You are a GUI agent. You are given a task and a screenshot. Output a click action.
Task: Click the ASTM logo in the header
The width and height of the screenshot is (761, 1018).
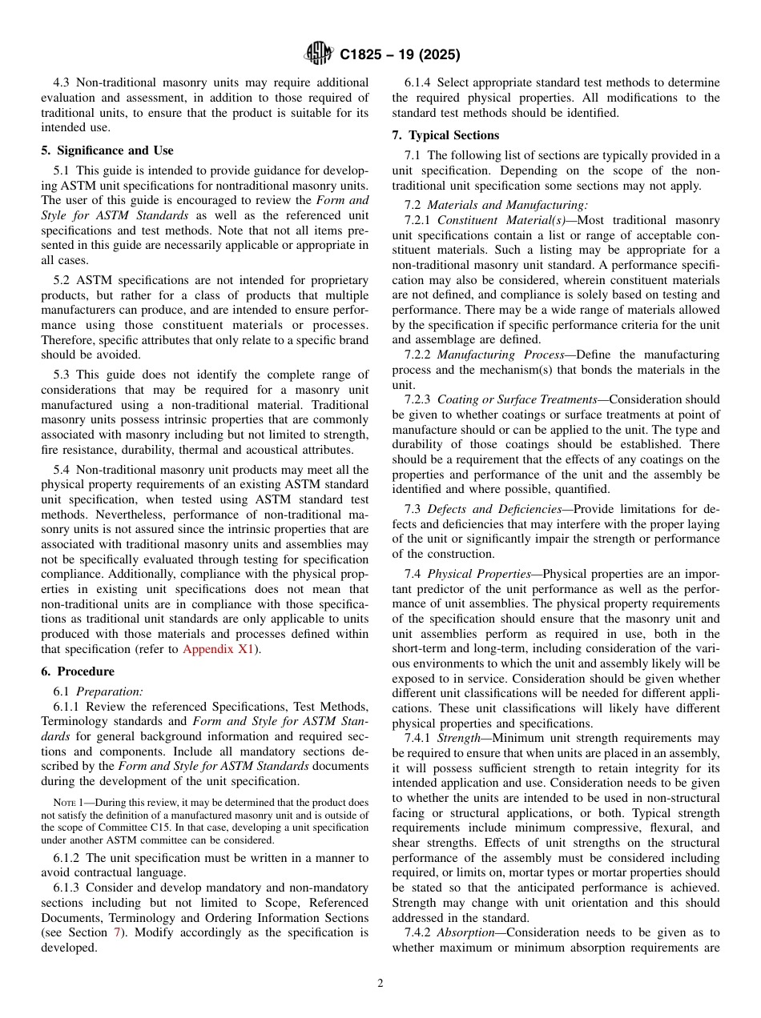[318, 54]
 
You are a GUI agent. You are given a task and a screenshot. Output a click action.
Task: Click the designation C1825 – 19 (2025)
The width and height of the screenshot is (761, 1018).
[400, 55]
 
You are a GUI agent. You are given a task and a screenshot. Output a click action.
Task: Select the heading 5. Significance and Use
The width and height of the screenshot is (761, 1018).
[107, 150]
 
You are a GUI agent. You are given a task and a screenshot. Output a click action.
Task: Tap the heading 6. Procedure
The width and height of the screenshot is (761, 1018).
[78, 671]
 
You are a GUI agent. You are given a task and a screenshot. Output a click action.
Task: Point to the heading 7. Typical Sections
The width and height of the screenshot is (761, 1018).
[445, 135]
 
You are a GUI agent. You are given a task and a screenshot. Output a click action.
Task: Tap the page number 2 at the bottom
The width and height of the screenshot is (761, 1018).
[380, 984]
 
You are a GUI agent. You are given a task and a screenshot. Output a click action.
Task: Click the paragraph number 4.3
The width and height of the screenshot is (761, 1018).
[62, 82]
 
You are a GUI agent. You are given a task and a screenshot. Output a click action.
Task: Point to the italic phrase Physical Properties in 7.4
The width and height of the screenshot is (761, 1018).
[479, 574]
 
